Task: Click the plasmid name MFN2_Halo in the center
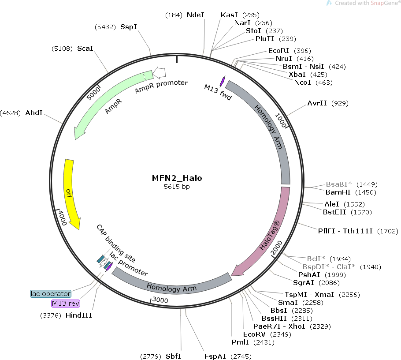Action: (177, 178)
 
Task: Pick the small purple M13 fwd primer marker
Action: (222, 81)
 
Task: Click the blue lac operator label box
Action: (51, 293)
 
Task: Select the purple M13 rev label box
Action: (66, 304)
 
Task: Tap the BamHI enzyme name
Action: (338, 192)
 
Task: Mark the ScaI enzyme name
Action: (85, 48)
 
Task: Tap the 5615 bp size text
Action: (177, 187)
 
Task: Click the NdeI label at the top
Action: (196, 15)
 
